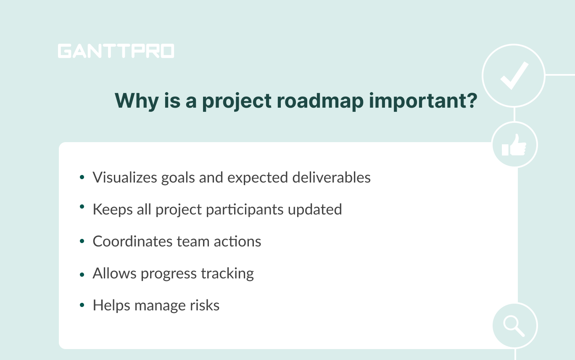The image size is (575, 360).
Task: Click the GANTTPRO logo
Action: click(x=116, y=51)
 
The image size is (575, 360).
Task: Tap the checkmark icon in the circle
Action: click(x=513, y=76)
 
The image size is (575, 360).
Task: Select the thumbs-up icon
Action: click(x=514, y=145)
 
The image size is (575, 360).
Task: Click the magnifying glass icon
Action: click(x=514, y=326)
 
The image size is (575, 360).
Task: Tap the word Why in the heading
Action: click(x=135, y=101)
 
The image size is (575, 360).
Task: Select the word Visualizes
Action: click(x=125, y=177)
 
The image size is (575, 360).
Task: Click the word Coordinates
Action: click(x=127, y=241)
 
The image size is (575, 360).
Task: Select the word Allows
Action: click(x=115, y=273)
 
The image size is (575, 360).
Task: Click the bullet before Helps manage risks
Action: click(x=82, y=305)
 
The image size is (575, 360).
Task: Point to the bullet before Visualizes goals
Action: click(x=82, y=177)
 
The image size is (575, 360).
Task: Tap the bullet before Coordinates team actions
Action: click(x=82, y=241)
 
